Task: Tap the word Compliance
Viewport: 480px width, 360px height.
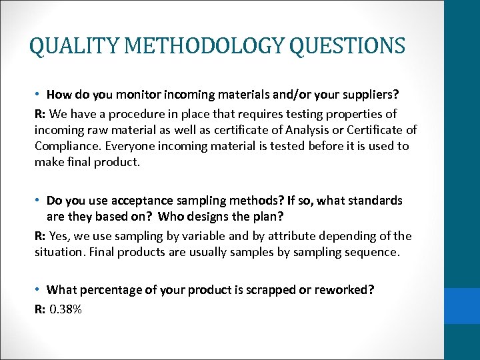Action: pos(65,145)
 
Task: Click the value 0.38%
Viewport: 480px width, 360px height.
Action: pos(65,309)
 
